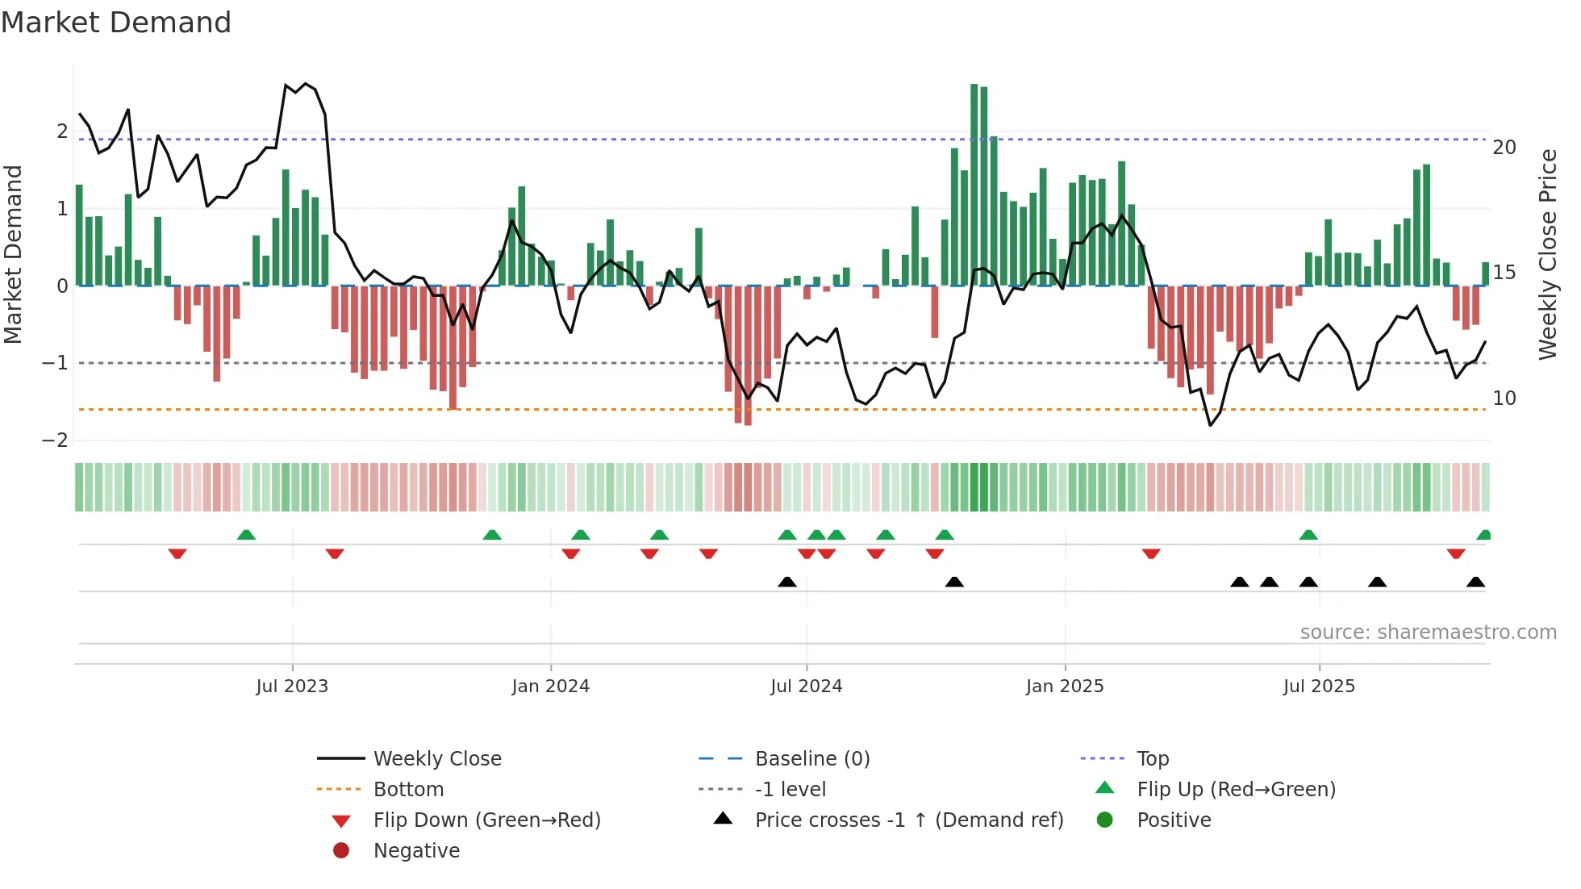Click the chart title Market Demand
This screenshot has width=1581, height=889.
coord(116,23)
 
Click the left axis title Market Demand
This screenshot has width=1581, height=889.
coord(14,254)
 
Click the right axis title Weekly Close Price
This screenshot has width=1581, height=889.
coord(1547,254)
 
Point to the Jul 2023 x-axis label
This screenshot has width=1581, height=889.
coord(292,687)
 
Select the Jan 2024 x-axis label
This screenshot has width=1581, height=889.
coord(550,687)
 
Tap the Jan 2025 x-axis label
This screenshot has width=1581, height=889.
coord(1064,687)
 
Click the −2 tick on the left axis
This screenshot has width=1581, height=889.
coord(56,440)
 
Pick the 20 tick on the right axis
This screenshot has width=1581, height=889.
coord(1504,148)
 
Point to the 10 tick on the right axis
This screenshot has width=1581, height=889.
coord(1504,399)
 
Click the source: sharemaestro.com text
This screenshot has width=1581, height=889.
coord(1428,632)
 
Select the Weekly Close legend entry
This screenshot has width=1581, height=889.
coord(436,759)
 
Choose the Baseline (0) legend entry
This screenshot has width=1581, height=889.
coord(811,759)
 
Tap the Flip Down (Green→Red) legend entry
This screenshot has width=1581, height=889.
coord(486,820)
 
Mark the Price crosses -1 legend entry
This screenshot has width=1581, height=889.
coord(908,820)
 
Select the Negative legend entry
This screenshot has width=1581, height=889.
coord(416,851)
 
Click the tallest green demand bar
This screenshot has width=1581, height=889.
coord(974,186)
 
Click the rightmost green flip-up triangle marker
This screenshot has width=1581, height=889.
coord(1483,535)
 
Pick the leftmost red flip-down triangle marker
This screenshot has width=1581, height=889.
coord(177,553)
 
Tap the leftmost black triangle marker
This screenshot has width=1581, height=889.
coord(787,582)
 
